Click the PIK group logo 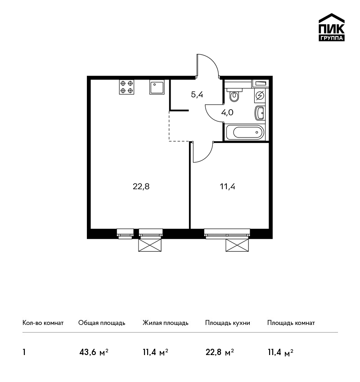tap(332, 27)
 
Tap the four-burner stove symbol tap(126, 87)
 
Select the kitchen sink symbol tap(157, 87)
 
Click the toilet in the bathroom tap(234, 95)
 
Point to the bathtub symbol tap(245, 132)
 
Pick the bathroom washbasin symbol tap(260, 113)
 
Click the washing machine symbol tap(260, 95)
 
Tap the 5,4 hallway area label tap(197, 94)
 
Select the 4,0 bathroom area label tap(227, 112)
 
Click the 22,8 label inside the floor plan tap(141, 187)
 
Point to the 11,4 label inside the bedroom tap(227, 187)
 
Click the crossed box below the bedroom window tap(237, 245)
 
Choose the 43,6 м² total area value tap(94, 352)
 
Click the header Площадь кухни tap(228, 323)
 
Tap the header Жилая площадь tap(165, 323)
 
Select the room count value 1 tap(24, 352)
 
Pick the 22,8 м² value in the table tap(220, 352)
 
